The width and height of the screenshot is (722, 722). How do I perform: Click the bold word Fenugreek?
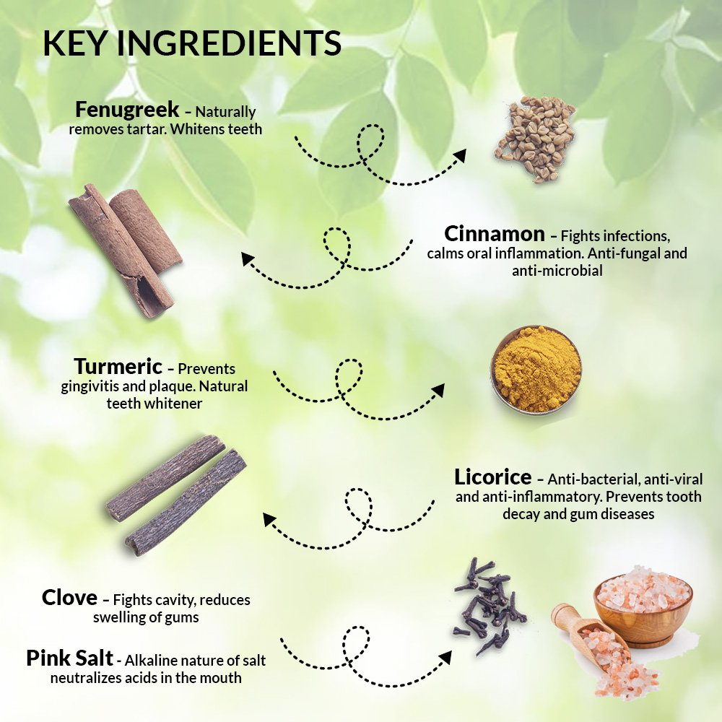point(127,110)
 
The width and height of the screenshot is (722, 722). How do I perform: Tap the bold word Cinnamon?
point(495,234)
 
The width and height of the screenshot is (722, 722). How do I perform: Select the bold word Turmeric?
point(118,367)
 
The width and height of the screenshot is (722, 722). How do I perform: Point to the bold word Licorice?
point(492,477)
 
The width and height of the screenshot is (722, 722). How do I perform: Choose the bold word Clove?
point(69,598)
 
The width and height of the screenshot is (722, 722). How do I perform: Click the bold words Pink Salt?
point(69,658)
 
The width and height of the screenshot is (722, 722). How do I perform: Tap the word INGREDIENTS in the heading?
point(229,43)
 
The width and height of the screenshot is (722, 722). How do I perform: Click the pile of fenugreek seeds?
point(535,139)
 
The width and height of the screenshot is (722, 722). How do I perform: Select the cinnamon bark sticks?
point(125,250)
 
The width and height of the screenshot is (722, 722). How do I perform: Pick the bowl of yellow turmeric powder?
point(536,369)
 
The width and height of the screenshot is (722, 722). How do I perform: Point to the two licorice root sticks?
point(176,495)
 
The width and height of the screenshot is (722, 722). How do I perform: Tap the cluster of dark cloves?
point(489,605)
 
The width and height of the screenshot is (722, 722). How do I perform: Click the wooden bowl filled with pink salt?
point(643,605)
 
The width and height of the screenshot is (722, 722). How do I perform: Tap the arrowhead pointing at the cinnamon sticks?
point(248,259)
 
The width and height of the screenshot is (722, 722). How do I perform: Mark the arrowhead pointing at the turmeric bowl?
point(438,390)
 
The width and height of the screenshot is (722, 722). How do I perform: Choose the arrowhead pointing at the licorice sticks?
point(270,520)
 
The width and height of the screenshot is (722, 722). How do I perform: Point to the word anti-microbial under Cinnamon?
point(557,270)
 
